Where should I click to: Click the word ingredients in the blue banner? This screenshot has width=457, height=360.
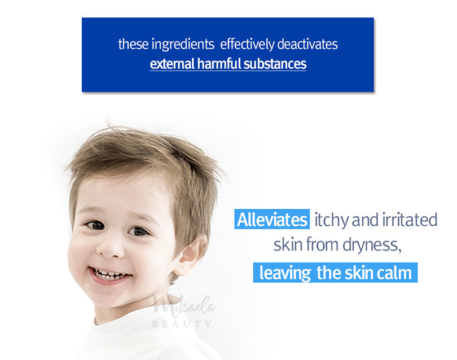point(183,45)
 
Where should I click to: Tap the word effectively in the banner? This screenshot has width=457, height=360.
point(247,45)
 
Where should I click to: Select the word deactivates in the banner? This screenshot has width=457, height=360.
point(307,45)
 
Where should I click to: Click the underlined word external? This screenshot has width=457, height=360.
point(172,64)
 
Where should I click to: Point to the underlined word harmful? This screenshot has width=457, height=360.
point(219,64)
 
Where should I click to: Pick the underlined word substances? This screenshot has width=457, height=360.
point(275,64)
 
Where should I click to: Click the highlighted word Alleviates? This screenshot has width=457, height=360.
point(272,219)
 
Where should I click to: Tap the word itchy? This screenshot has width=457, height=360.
point(331,221)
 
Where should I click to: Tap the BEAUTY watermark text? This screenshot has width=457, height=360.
point(181,324)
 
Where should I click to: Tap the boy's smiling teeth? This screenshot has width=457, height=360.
point(111,274)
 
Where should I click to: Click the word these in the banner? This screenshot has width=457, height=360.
point(133,45)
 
